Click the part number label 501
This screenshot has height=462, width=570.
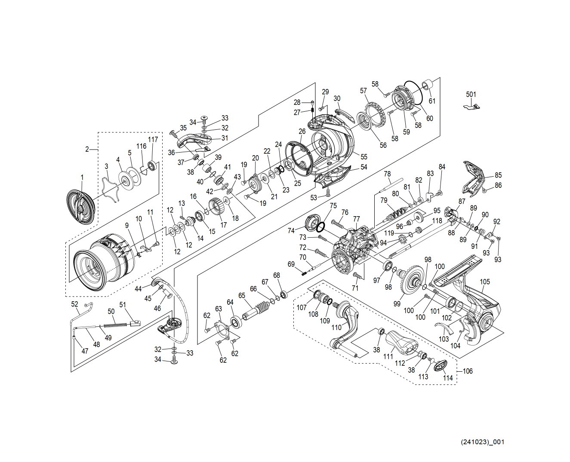click(471, 94)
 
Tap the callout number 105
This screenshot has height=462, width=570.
click(485, 282)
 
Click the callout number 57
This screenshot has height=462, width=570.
click(364, 91)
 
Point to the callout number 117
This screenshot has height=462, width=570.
click(153, 139)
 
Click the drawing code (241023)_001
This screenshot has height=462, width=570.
click(482, 442)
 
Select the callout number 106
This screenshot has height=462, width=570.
click(467, 371)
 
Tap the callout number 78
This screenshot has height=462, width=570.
click(387, 174)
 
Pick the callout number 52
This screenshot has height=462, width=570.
click(75, 304)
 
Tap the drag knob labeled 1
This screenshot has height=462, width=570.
click(81, 208)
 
